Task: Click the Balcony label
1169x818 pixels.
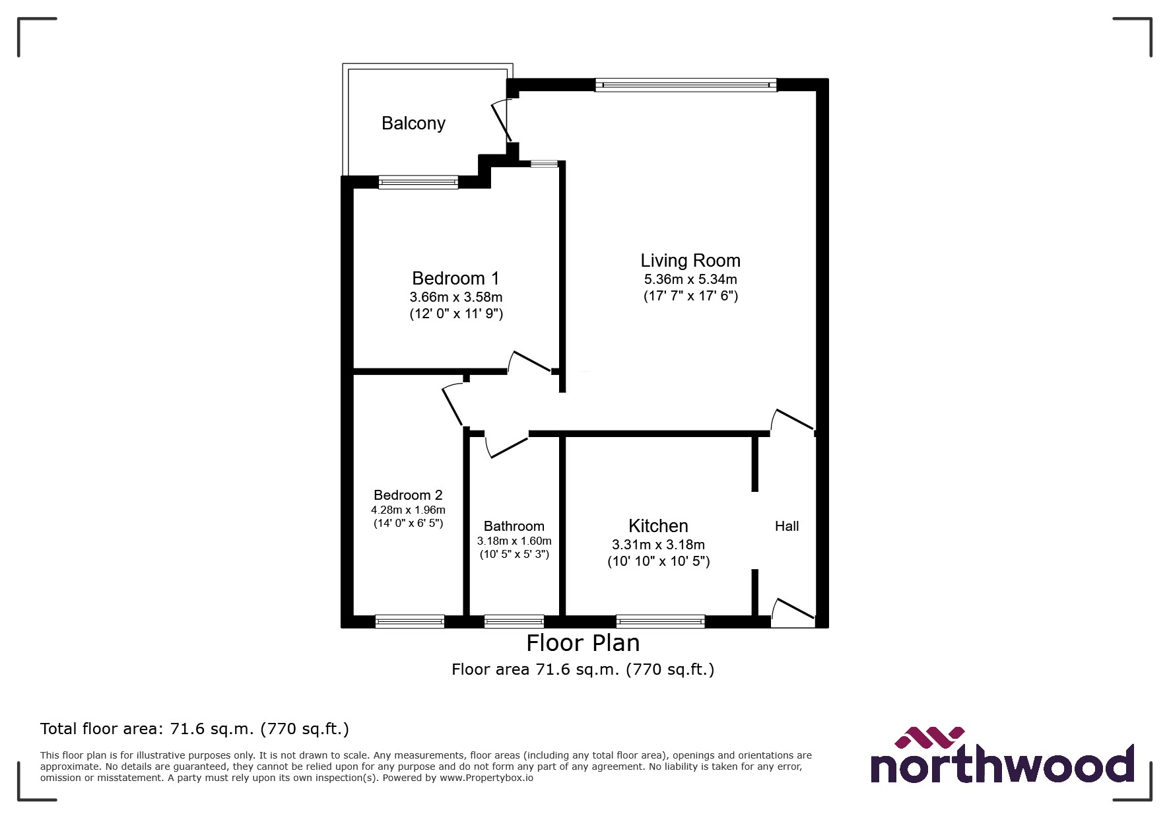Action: [413, 123]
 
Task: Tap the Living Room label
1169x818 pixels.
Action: [690, 261]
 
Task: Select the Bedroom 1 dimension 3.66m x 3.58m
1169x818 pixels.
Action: [456, 297]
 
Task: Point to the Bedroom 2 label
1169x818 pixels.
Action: [408, 495]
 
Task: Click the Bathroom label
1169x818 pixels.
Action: [514, 526]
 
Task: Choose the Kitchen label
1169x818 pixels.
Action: [658, 526]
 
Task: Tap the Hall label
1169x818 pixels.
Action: [787, 526]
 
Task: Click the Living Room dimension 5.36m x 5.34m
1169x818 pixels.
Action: [690, 279]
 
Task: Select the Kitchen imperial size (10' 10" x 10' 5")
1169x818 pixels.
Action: [659, 562]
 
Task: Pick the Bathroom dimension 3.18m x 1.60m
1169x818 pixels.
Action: [514, 541]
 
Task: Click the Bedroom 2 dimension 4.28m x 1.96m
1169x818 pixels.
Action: [408, 510]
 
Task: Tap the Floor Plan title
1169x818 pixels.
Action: [583, 643]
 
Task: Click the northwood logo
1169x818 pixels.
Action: [1002, 757]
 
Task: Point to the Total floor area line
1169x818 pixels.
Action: [195, 729]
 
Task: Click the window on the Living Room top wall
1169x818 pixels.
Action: [686, 85]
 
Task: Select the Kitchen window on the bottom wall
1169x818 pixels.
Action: [660, 621]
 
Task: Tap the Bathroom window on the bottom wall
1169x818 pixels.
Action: [514, 621]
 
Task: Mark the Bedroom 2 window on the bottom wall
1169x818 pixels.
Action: [410, 621]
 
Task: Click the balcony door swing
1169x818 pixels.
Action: [500, 120]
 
